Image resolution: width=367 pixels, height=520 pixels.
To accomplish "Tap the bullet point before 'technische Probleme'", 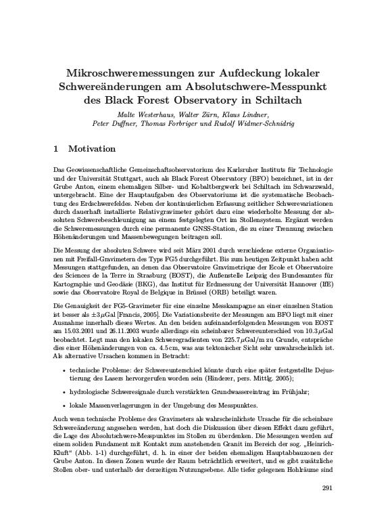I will pyautogui.click(x=63, y=372).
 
